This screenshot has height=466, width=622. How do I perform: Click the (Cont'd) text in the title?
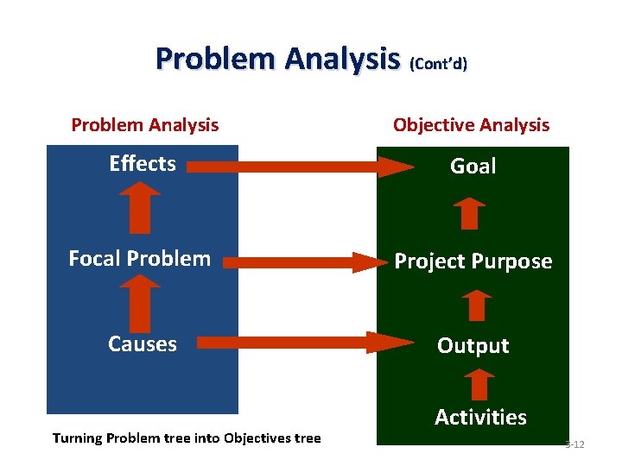[438, 65]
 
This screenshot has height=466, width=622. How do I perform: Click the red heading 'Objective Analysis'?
[471, 125]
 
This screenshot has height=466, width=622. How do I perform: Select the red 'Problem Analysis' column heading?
[144, 125]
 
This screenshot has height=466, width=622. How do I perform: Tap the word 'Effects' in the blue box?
[143, 164]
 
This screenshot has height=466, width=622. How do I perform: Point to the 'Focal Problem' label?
[139, 258]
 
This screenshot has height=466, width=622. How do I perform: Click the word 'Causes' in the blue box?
[143, 343]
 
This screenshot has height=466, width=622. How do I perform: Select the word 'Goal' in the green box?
[473, 166]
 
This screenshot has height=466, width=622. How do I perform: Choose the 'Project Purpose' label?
[473, 261]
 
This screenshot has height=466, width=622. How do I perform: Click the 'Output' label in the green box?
[473, 345]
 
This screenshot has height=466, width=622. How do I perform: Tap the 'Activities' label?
[480, 417]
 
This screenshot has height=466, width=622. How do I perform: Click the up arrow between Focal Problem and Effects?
[139, 211]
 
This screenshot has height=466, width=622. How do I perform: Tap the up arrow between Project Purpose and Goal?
[470, 212]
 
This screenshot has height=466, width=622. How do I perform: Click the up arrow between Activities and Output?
[479, 383]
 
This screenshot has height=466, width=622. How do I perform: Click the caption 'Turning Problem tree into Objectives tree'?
[187, 438]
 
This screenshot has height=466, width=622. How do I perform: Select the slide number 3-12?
[574, 444]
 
